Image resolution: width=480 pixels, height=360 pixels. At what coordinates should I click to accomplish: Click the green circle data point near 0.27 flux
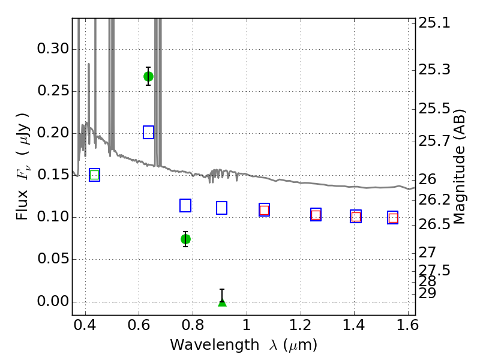[x=148, y=77]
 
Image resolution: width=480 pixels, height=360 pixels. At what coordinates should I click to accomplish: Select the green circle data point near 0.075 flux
[x=185, y=239]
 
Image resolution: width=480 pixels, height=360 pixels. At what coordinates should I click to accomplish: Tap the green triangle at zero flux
[x=222, y=302]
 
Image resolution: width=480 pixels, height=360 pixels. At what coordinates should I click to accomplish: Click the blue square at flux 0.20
[x=148, y=132]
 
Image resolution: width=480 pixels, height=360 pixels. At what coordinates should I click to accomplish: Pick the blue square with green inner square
[x=95, y=175]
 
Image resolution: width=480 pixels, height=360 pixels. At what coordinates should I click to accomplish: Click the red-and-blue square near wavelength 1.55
[x=393, y=218]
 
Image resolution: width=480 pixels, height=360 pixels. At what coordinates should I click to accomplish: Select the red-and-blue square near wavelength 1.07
[x=264, y=209]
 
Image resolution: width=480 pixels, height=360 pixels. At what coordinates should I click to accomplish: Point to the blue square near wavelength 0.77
[x=185, y=205]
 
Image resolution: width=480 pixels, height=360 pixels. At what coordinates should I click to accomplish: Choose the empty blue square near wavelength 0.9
[x=221, y=208]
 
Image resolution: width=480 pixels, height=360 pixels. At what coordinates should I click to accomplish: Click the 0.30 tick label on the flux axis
[x=53, y=49]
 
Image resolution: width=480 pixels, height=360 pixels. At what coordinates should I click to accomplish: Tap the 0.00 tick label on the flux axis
[x=53, y=301]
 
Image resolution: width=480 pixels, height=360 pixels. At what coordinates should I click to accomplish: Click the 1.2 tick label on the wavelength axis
[x=301, y=325]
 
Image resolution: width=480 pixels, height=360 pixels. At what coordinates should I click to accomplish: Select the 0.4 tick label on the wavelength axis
[x=85, y=325]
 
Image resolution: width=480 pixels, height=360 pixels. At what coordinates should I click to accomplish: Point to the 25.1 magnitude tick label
[x=434, y=23]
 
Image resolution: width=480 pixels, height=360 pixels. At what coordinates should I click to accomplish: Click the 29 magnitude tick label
[x=427, y=293]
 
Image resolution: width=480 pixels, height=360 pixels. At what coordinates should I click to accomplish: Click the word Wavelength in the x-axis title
[x=215, y=345]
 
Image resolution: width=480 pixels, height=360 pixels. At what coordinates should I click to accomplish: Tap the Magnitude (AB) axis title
[x=459, y=167]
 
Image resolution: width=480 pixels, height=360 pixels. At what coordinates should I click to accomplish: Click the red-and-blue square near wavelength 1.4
[x=356, y=217]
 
